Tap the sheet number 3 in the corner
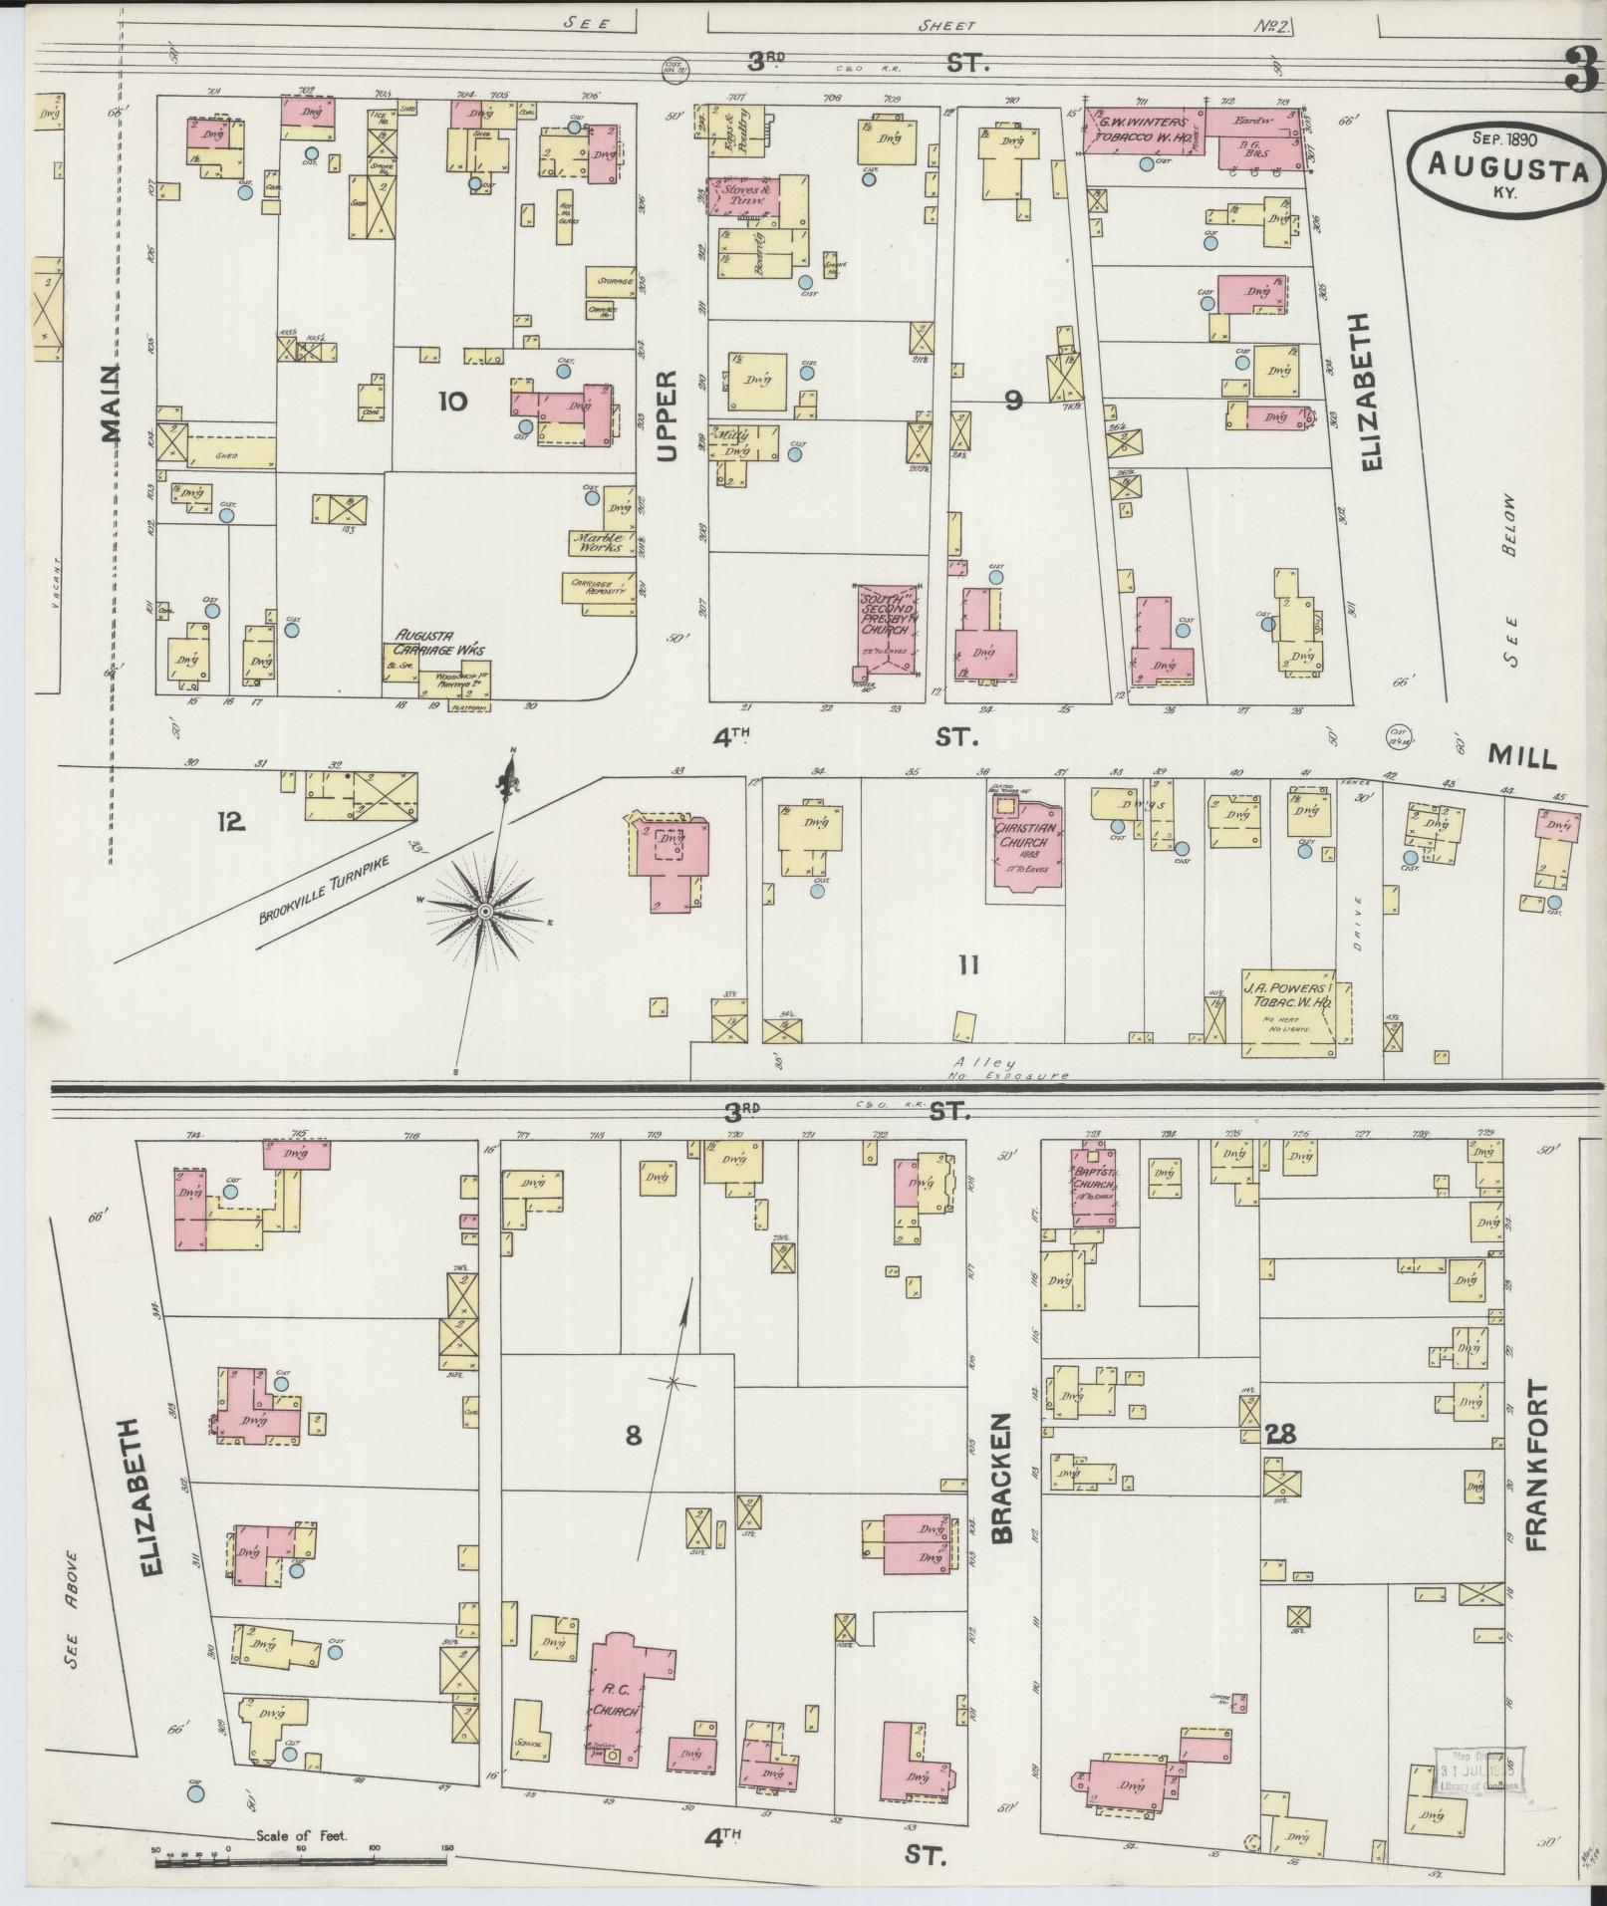[1578, 71]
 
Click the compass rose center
[484, 912]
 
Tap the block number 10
[451, 402]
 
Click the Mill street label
[1521, 758]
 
